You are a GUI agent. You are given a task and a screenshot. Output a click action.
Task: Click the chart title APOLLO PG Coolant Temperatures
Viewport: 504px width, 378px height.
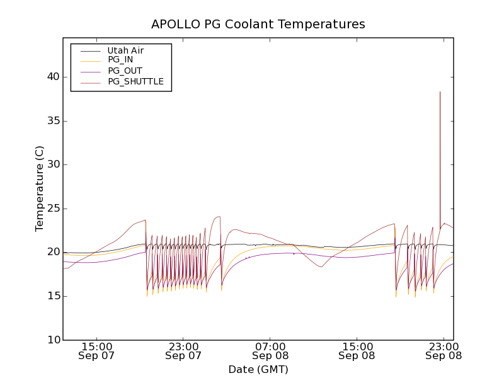coord(258,25)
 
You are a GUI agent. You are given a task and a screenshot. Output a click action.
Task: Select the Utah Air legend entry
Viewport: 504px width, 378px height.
coord(125,50)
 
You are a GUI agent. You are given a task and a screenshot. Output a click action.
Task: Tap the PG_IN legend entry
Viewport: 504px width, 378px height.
coord(120,60)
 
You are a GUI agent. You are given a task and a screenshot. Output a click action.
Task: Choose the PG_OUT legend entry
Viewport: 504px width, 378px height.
coord(125,71)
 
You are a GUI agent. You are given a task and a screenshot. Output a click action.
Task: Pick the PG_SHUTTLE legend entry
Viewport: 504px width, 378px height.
coord(135,81)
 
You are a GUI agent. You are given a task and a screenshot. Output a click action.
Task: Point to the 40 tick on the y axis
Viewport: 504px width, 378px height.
coord(53,77)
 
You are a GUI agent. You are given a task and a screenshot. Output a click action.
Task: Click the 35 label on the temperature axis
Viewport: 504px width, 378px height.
coord(53,121)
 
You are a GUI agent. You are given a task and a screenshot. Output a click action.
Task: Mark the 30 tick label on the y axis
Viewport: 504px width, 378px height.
coord(53,164)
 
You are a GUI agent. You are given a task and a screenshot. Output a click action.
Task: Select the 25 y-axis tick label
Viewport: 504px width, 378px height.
coord(53,209)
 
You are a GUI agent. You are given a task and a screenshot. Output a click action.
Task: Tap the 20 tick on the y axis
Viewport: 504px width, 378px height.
coord(53,252)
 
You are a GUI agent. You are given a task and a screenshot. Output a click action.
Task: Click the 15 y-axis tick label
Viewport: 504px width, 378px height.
coord(53,296)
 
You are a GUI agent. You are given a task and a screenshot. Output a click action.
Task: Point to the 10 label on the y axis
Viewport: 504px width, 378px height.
coord(53,340)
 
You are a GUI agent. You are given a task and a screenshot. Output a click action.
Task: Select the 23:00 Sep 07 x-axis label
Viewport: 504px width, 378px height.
coord(184,351)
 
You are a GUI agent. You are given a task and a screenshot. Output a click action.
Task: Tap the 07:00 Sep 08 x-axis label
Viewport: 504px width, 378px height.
coord(271,351)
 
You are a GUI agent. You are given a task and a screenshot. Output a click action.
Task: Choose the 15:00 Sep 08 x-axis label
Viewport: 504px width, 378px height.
coord(357,351)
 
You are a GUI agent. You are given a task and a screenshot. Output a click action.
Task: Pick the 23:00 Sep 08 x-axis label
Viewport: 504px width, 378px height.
coord(444,351)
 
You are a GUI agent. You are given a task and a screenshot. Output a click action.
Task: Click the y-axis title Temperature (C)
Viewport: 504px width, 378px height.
coord(40,188)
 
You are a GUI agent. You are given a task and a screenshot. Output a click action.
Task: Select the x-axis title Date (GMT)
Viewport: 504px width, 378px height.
coord(258,369)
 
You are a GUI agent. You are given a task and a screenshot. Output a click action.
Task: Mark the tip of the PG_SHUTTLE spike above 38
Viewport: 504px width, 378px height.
coord(440,91)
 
